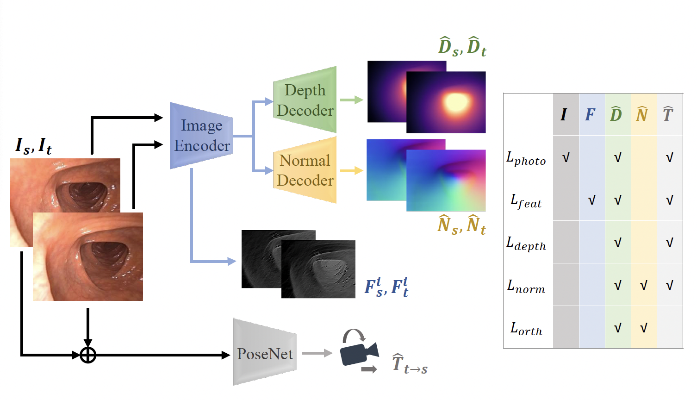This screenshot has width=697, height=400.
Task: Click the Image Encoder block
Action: (x=202, y=136)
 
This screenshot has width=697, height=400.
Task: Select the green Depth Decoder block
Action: (x=305, y=100)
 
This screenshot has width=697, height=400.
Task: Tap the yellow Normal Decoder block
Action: (x=305, y=170)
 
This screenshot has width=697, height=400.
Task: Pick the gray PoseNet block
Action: (x=265, y=354)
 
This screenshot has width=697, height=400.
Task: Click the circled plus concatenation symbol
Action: (x=88, y=355)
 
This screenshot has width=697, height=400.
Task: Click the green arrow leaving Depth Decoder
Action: (x=351, y=100)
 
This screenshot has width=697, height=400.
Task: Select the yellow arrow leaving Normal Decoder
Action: (x=351, y=170)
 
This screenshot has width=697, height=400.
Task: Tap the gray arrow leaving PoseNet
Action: (x=317, y=353)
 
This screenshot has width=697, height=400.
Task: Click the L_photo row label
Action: (x=526, y=158)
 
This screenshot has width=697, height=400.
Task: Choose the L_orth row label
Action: (x=526, y=329)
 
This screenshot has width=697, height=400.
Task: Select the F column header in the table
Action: (x=590, y=114)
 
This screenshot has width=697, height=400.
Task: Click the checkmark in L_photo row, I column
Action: (x=566, y=158)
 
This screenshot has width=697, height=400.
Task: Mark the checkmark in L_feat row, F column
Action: (x=591, y=200)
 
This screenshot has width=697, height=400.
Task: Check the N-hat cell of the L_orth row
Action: (x=643, y=328)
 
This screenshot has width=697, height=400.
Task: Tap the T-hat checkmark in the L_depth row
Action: (x=669, y=243)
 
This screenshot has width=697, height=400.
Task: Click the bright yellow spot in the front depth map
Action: (x=455, y=101)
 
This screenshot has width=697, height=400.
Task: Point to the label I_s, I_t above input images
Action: (x=33, y=146)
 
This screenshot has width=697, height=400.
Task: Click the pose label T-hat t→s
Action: (x=410, y=363)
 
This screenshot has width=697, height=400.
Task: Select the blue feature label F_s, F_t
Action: (x=386, y=287)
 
